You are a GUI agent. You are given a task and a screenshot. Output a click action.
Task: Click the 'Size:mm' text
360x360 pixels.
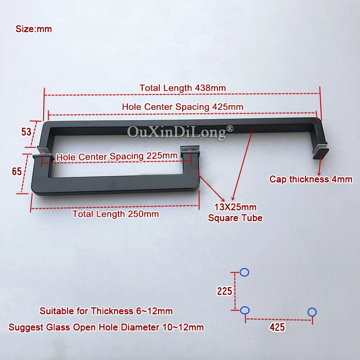click(x=34, y=29)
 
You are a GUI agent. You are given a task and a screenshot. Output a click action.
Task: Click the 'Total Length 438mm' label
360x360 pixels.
click(x=182, y=88)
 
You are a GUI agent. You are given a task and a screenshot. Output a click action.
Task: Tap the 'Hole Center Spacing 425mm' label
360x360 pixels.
click(x=182, y=107)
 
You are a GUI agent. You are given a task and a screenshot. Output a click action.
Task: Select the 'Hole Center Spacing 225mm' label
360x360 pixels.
click(x=117, y=156)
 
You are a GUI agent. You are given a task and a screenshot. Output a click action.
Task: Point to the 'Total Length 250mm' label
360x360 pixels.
click(x=116, y=214)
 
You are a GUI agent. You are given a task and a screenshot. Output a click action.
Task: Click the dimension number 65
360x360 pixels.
click(x=17, y=171)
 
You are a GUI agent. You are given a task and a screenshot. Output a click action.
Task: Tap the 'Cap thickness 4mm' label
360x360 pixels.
click(x=310, y=179)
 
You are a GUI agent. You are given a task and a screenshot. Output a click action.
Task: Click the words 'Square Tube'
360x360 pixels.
click(x=235, y=218)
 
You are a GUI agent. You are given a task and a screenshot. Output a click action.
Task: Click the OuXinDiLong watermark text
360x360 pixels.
click(x=180, y=132)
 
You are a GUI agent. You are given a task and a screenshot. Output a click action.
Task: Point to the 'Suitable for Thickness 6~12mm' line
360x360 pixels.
click(x=106, y=311)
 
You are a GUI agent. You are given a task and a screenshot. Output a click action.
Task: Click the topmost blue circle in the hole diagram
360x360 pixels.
click(x=244, y=272)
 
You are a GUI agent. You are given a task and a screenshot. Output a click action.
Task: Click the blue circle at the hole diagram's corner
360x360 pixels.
click(x=244, y=310)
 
